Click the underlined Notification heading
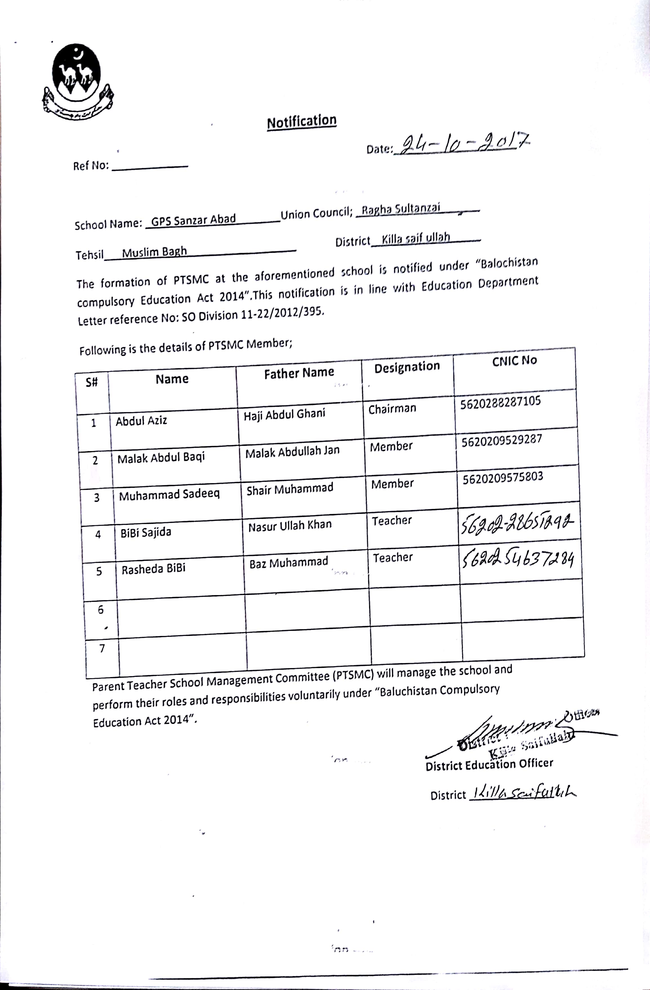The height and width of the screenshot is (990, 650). [x=301, y=122]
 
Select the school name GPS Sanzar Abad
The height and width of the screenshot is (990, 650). [x=193, y=220]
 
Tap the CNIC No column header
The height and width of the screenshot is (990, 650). [x=515, y=361]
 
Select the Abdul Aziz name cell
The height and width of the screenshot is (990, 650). [x=141, y=421]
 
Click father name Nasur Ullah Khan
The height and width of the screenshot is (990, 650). [x=290, y=526]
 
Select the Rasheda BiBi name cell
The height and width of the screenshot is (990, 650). [x=153, y=569]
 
